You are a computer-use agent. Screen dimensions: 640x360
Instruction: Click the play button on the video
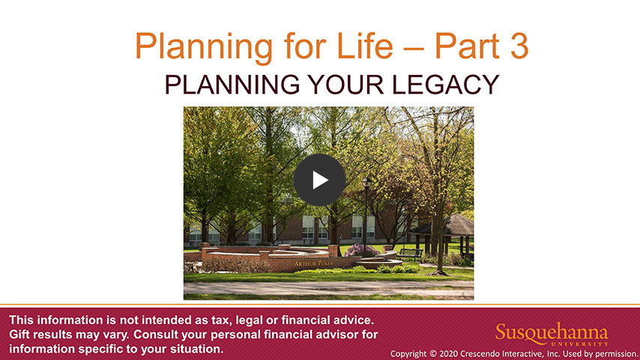coord(319,180)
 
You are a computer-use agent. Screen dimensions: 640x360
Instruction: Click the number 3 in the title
coord(519,46)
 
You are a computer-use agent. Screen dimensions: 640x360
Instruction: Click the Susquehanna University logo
coord(552,334)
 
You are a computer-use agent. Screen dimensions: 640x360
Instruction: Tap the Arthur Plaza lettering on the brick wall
coord(313,264)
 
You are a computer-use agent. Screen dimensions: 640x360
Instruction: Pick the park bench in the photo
coord(410,255)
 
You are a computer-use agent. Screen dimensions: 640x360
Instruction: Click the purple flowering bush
coord(360,250)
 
